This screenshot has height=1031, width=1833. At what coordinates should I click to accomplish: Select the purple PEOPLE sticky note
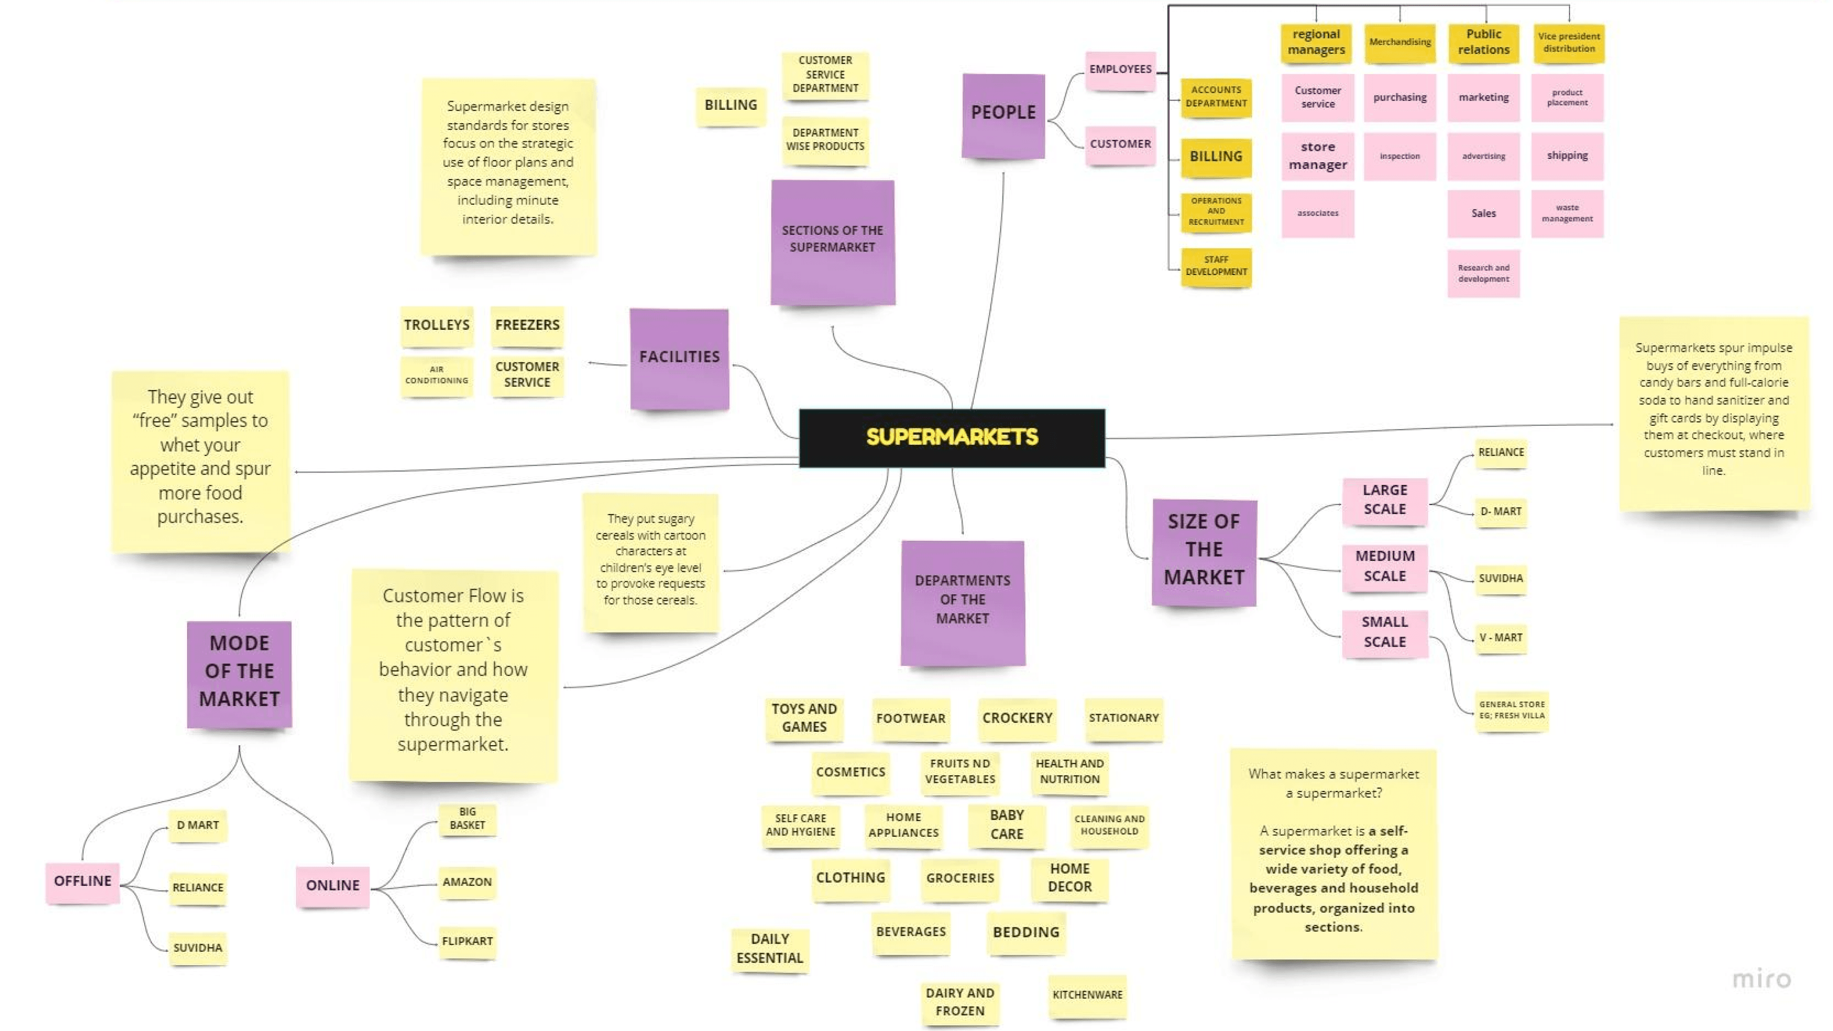pos(1003,115)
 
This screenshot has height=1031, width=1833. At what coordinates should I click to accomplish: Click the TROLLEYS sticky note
pos(437,325)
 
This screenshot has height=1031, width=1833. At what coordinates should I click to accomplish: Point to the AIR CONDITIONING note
pos(437,375)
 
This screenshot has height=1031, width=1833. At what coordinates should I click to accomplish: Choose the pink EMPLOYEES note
pos(1120,70)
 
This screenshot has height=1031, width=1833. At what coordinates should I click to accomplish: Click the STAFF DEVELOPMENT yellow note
pos(1216,266)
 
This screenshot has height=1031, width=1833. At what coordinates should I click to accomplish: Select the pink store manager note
pos(1318,156)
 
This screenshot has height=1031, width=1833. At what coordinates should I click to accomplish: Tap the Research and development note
pos(1483,273)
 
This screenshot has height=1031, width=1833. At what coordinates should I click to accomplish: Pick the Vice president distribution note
pos(1568,42)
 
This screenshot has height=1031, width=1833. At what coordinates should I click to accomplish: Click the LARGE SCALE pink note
pos(1384,500)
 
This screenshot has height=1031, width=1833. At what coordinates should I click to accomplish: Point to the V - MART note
pos(1501,638)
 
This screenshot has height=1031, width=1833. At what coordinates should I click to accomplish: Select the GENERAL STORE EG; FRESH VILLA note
pos(1511,710)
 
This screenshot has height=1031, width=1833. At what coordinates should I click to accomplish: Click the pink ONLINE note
pos(332,886)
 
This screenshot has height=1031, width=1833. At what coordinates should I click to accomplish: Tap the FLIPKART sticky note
pos(467,941)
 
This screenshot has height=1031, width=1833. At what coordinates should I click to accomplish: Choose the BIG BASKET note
pos(467,819)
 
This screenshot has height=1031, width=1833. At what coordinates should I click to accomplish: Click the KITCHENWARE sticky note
pos(1087,995)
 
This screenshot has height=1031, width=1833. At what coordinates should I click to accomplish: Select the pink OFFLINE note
pos(83,882)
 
